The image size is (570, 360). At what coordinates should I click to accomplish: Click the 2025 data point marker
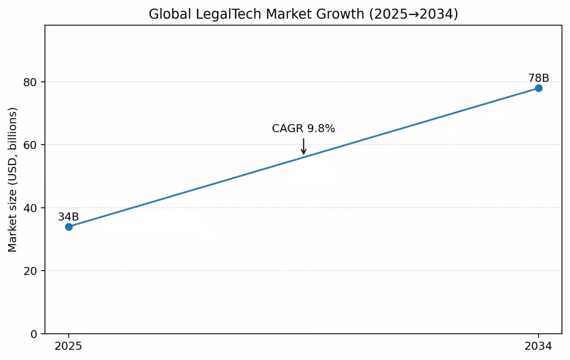69,227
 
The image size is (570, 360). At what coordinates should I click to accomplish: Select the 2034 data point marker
538,88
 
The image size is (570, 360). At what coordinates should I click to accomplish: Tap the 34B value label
68,217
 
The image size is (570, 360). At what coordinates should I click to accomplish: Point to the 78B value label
539,78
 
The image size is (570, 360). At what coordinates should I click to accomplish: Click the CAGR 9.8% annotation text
304,128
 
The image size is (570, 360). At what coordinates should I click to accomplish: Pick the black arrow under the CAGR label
304,146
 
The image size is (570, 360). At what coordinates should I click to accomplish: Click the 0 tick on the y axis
34,334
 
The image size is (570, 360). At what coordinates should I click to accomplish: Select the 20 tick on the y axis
31,271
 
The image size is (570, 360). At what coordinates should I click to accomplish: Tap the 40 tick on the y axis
31,208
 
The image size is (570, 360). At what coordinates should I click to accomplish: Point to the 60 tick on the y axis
31,145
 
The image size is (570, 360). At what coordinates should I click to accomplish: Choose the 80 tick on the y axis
31,82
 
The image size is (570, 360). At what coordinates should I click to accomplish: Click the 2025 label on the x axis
68,346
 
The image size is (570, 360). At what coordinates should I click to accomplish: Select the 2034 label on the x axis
538,346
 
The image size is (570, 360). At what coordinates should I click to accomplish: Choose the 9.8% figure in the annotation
321,128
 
